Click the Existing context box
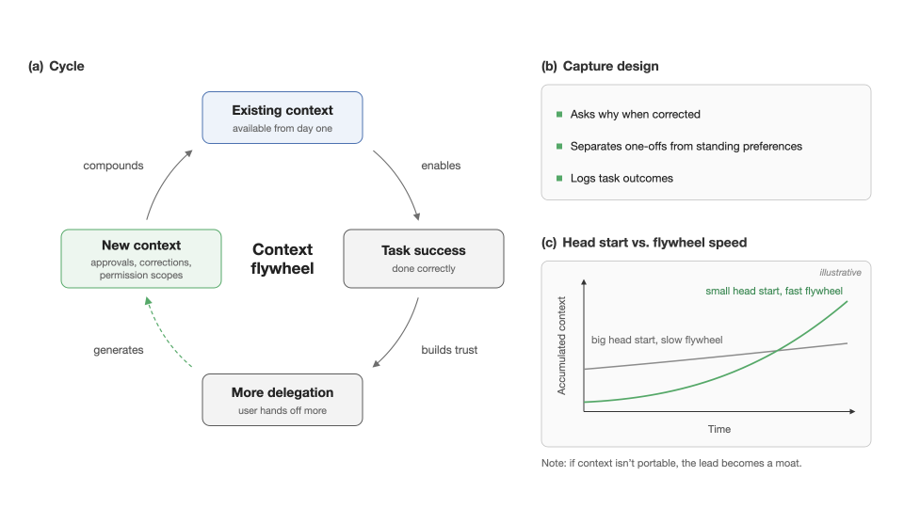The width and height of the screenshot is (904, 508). coord(282,118)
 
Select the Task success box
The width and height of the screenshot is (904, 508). coord(424,259)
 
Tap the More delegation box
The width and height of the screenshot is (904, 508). coord(282,400)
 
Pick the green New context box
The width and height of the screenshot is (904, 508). coord(141,259)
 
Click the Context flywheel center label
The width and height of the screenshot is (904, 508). coord(282,259)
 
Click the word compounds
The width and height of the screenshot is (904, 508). coord(113,166)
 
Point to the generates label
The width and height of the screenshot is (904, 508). coord(119,350)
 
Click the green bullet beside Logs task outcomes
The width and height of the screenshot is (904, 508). coord(559,178)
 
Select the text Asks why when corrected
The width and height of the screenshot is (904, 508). coord(636,114)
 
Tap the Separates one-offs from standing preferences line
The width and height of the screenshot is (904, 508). coord(686,147)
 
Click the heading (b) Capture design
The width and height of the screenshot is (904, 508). coord(600,66)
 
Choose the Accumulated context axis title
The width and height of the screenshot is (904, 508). coord(561,345)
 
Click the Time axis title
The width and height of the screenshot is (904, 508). coord(718,429)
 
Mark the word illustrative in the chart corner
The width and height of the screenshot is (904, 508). coord(840,273)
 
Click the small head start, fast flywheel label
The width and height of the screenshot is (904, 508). coord(774,291)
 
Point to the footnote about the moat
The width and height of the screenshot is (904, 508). coord(671,463)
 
